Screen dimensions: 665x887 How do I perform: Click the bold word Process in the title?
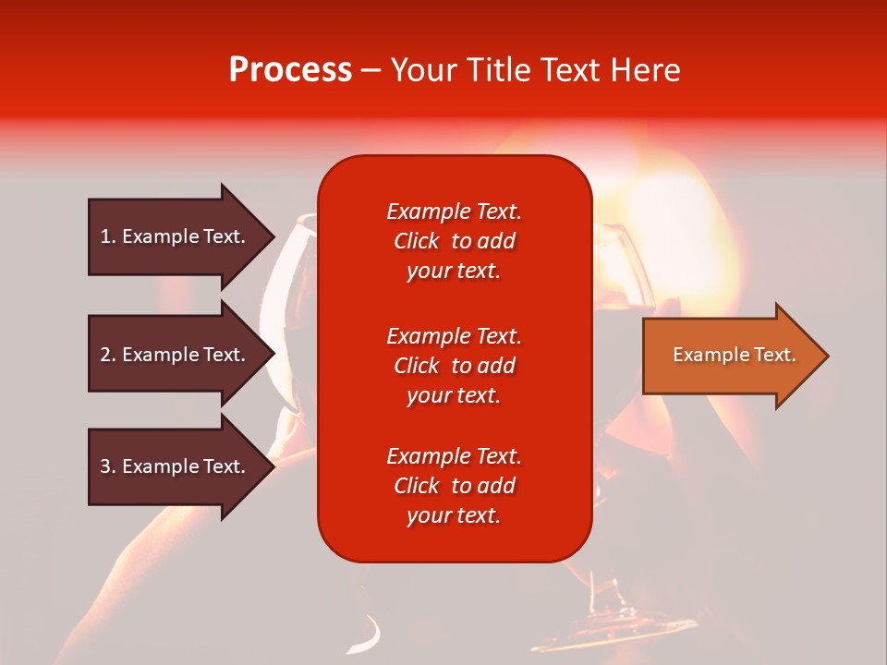pos(290,70)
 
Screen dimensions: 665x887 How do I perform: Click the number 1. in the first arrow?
pos(108,236)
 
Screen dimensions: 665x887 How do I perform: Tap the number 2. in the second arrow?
pos(108,355)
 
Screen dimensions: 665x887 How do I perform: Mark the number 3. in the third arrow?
pos(108,466)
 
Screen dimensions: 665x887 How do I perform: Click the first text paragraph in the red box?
pos(454,241)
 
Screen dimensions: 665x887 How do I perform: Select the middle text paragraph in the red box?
pos(454,366)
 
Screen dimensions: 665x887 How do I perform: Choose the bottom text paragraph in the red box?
pos(454,486)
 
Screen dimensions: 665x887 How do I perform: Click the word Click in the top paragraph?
pos(417,241)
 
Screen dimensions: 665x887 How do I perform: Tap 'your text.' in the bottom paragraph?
pos(454,515)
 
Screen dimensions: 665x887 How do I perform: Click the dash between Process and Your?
pos(371,71)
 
